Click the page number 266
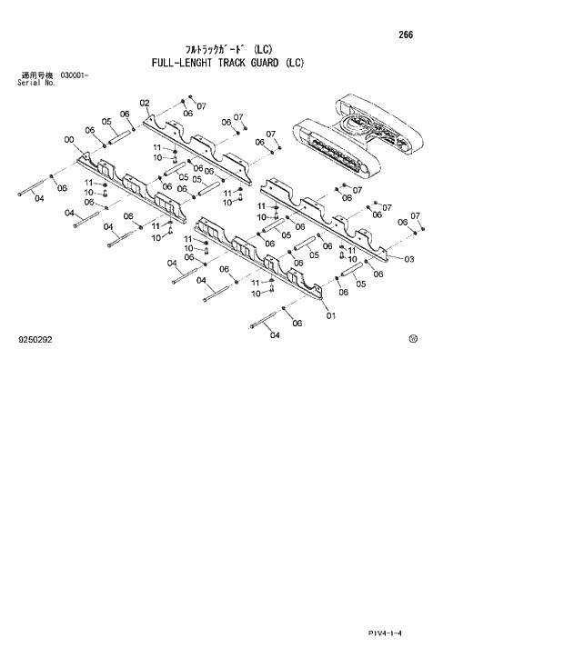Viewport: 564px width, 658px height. (406, 35)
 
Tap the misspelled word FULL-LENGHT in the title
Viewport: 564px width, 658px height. (177, 64)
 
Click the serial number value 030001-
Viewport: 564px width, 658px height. (74, 75)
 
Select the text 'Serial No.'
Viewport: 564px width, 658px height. (36, 82)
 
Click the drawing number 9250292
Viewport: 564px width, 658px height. (35, 340)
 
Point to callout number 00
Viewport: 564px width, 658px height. (69, 139)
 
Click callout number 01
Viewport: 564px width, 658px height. (330, 315)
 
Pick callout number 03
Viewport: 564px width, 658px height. (409, 259)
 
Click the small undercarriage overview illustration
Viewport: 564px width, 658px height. (356, 136)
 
